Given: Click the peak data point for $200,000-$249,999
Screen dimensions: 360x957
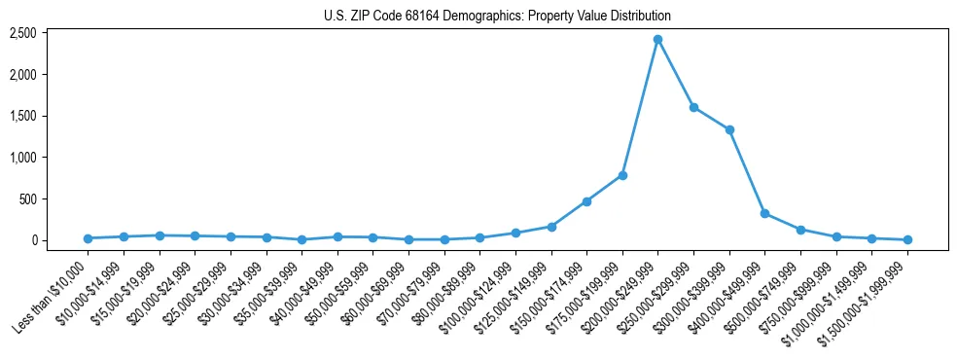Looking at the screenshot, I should [657, 39].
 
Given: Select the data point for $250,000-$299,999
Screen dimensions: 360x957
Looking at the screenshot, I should [693, 107].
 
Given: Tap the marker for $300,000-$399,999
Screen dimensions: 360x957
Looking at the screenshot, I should [729, 129].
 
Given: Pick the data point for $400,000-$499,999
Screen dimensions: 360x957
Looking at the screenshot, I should [764, 213].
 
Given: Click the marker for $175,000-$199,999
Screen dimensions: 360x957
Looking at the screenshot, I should [622, 175].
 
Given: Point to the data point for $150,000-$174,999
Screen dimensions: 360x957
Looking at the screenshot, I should [586, 201].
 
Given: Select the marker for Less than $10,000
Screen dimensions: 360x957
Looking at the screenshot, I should [88, 238].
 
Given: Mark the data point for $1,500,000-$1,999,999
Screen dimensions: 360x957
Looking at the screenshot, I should [907, 239].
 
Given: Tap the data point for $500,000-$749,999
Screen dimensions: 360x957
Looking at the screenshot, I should [800, 230].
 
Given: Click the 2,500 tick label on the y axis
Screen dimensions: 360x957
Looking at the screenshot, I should [22, 33].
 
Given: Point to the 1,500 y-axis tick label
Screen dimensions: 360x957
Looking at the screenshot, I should [22, 116].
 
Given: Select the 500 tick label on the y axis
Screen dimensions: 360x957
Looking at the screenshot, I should [26, 198].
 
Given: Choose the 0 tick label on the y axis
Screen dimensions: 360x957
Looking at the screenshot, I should [33, 240].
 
